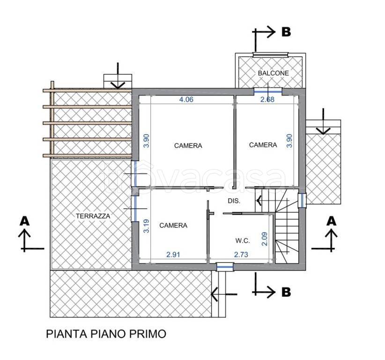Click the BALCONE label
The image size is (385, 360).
coord(273,73)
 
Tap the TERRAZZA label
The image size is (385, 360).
coord(93,216)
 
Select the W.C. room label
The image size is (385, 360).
coord(242,240)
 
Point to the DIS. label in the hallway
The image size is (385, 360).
coord(234,201)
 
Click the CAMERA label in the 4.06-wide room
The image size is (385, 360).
coord(188,145)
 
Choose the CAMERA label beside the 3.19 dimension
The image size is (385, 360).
coord(173,225)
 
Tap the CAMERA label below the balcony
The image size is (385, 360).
coord(263,145)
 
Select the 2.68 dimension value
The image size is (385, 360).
coord(267,99)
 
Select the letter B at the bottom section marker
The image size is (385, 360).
coord(286,292)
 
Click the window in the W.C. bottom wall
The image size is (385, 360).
coord(225,267)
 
